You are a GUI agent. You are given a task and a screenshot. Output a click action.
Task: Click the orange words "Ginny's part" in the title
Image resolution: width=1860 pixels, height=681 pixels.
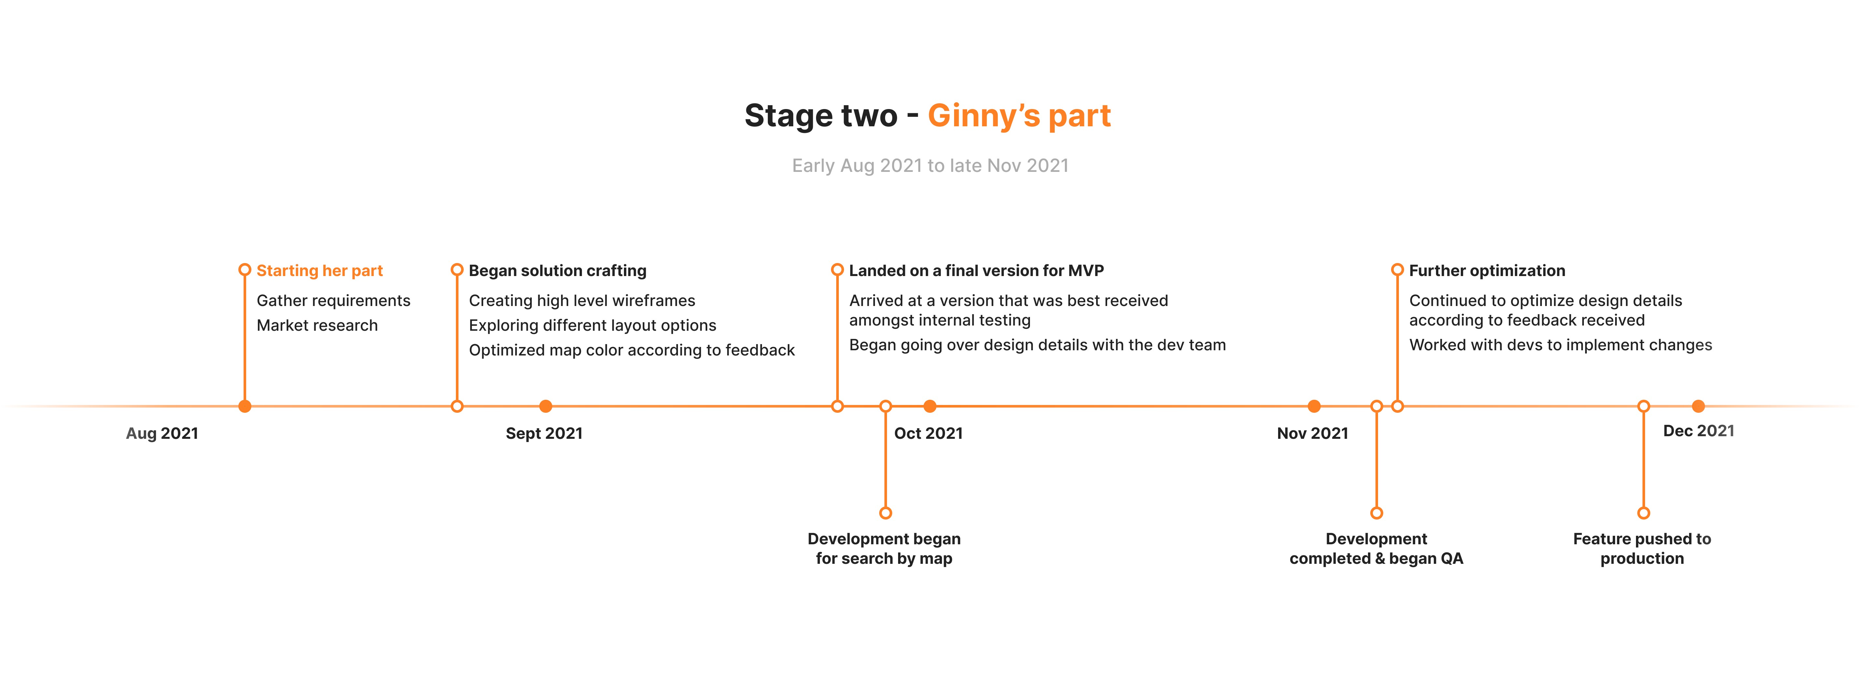coord(1019,116)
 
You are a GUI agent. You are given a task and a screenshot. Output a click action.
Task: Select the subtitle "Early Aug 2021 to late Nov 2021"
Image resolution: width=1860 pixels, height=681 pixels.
coord(930,165)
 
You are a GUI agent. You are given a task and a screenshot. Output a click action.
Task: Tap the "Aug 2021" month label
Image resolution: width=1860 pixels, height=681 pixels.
coord(162,433)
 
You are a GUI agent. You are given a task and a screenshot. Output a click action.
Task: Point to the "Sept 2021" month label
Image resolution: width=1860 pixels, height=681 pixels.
coord(544,433)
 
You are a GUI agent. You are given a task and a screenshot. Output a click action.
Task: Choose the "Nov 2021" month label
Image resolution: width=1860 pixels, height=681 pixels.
coord(1312,433)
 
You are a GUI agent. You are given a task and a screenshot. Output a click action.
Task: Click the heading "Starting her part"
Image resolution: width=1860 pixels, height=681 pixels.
coord(319,271)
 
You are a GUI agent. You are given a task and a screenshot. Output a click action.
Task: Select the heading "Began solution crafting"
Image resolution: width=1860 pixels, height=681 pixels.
coord(557,271)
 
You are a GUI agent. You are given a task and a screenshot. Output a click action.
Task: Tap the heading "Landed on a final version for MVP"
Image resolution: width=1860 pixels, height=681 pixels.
coord(976,271)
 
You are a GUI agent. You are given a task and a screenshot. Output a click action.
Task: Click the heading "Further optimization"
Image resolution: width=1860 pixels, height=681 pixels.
coord(1487,271)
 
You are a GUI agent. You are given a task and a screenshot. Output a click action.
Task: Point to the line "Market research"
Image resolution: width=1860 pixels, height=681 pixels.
coord(317,326)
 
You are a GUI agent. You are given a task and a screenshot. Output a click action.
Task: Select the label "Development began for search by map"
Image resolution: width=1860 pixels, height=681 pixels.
coord(884,549)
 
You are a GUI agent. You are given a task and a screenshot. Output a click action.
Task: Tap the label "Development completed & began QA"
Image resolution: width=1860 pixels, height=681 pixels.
coord(1376,549)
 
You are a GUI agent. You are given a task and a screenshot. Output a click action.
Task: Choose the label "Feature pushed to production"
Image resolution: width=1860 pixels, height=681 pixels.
coord(1642,549)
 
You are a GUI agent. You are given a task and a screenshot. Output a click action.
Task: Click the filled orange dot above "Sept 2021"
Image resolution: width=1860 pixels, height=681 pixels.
coord(546,407)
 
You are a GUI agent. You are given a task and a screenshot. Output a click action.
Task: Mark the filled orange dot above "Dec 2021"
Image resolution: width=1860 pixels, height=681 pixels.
coord(1698,407)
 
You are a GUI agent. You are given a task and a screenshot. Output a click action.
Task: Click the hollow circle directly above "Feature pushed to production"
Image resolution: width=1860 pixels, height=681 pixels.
coord(1643,513)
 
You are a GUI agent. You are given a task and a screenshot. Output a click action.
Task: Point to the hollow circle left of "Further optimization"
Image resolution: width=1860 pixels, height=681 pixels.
coord(1397,270)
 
